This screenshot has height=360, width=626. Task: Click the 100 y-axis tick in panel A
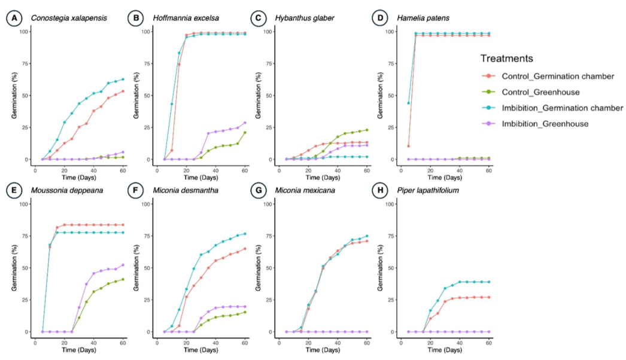24,31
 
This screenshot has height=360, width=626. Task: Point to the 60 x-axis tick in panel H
489,342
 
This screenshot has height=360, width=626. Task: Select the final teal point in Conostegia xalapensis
123,79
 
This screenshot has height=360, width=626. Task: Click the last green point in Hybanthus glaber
367,130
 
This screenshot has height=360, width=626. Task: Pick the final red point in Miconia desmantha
245,249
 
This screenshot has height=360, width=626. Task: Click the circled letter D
380,18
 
